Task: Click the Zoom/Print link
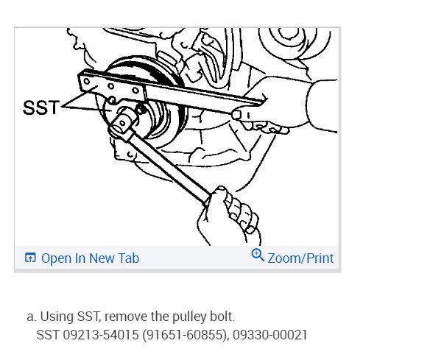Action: (300, 258)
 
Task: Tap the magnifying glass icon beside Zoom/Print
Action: (258, 255)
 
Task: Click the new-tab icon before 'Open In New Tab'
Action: (30, 258)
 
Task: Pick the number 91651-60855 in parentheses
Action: (182, 335)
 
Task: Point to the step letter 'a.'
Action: (31, 317)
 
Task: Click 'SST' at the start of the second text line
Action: (47, 335)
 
